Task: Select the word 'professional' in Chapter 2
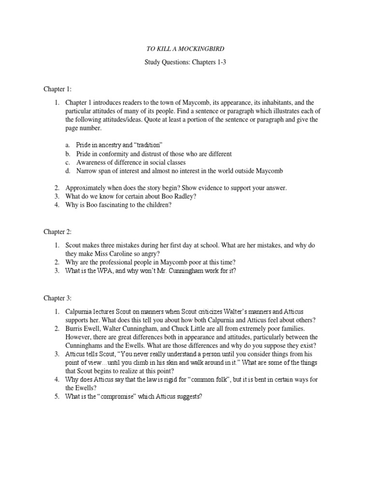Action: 115,262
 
